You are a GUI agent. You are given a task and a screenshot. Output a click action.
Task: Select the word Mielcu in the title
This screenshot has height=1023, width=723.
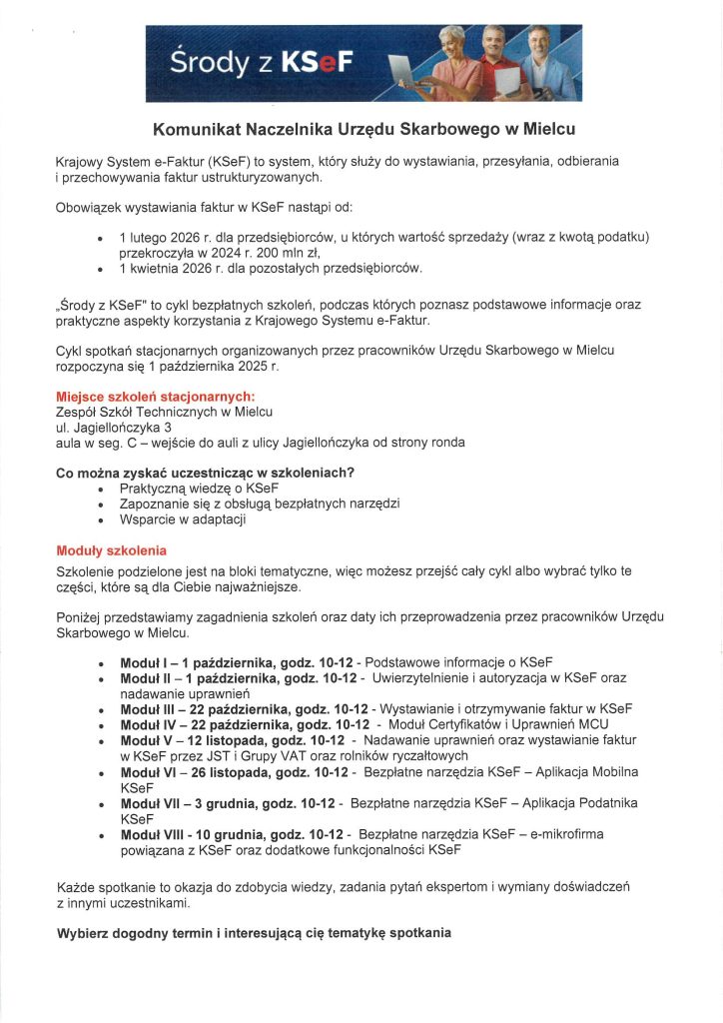point(549,129)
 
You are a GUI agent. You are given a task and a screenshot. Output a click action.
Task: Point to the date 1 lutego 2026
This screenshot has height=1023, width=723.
point(161,237)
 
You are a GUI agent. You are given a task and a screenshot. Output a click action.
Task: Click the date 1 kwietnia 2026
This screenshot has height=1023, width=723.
point(166,268)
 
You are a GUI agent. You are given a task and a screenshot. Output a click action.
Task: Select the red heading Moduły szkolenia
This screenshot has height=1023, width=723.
point(111,550)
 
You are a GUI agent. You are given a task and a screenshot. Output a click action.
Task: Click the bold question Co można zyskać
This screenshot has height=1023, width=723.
point(207,473)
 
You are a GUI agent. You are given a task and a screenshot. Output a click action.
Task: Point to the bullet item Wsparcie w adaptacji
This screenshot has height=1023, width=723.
point(183,519)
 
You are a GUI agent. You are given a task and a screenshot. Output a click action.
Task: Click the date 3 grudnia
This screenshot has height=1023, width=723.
point(218,803)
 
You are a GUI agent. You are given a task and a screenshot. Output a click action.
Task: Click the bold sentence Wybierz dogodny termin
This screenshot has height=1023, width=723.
point(254,933)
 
